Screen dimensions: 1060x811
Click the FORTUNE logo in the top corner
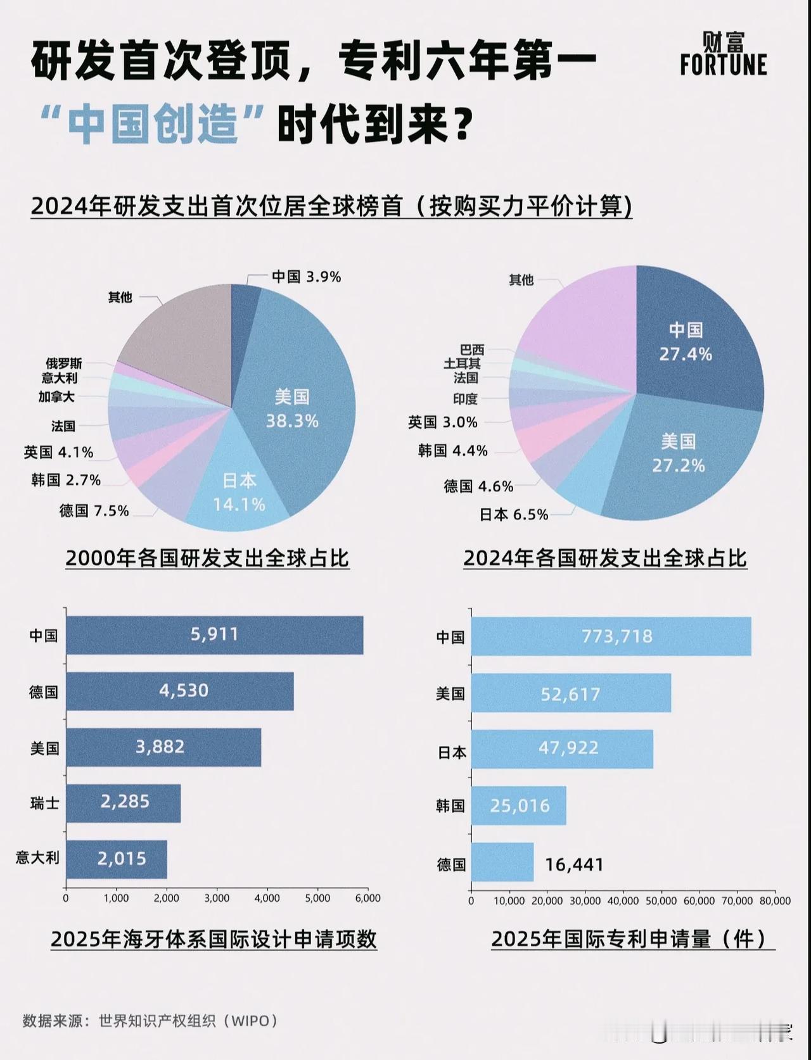coord(723,54)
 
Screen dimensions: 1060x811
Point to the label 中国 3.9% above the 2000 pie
coord(306,277)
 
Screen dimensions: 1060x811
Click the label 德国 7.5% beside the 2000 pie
coord(94,510)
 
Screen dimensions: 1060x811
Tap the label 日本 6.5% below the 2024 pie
coord(513,515)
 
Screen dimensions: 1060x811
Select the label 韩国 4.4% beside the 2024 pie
coord(452,451)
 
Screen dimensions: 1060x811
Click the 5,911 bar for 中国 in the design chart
coord(214,634)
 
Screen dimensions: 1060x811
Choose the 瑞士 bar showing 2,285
coord(124,802)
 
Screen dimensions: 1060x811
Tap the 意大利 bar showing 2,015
coord(117,859)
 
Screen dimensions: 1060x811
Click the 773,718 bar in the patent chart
coord(611,636)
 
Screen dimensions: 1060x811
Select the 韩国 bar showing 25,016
coord(518,805)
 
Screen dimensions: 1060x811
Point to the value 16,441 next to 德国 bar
coord(574,864)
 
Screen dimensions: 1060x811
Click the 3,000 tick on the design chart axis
coord(217,898)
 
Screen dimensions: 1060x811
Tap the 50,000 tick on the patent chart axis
coord(661,900)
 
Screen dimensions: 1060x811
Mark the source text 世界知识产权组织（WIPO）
coord(188,1021)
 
